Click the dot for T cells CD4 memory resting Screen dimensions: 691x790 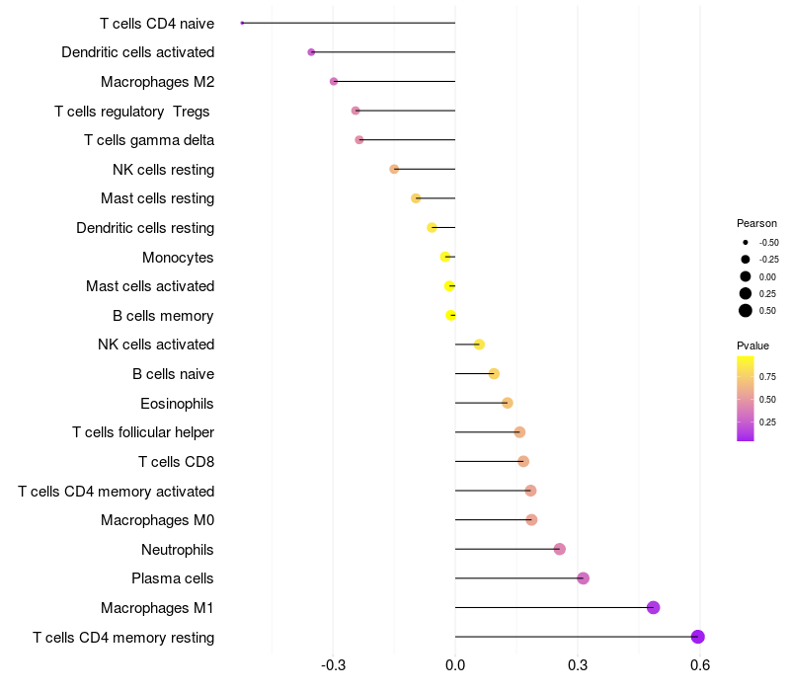point(697,637)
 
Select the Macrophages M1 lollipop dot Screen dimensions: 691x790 point(653,607)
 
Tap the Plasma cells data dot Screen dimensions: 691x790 point(583,578)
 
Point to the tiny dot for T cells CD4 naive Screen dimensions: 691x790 point(242,23)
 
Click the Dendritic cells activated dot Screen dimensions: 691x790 point(311,52)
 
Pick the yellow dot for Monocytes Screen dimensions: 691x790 point(445,257)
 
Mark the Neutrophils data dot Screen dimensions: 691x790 point(560,549)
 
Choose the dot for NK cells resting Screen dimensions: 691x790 point(394,169)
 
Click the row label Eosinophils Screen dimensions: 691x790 point(177,403)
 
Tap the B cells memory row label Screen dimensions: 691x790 point(163,316)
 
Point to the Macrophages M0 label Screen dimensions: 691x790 point(157,520)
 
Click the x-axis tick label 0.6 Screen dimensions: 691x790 point(700,665)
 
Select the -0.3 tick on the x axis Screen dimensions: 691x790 point(333,665)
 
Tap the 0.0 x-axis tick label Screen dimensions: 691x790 point(455,665)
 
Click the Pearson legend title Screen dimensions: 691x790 point(756,223)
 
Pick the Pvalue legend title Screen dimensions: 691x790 point(752,345)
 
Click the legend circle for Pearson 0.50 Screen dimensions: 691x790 point(745,311)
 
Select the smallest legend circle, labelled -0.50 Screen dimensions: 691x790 point(745,242)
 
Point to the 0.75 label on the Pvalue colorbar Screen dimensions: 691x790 point(767,376)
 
